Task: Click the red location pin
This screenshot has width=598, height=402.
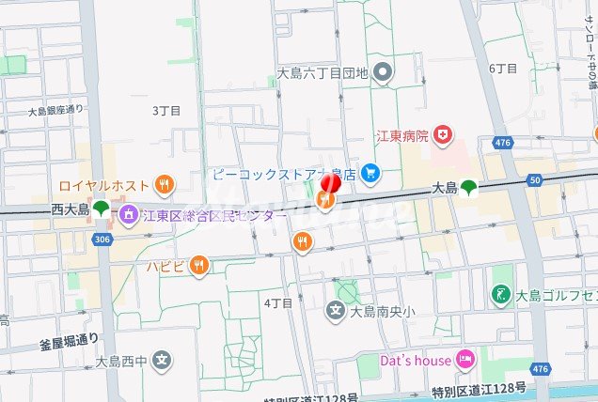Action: pos(330,182)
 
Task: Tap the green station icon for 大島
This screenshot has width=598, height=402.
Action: pos(468,189)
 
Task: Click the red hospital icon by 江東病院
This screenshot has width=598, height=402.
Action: pos(443,136)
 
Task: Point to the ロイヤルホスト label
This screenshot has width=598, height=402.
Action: pos(104,184)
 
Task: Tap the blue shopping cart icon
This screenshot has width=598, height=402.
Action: pos(371,173)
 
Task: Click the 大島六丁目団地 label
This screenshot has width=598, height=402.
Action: pos(323,72)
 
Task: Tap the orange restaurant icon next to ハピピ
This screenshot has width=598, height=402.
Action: pos(197,266)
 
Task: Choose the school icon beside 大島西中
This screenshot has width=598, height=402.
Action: pos(163,360)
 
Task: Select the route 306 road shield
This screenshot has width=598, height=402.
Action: pos(101,240)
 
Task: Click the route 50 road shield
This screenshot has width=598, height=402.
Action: pos(536,179)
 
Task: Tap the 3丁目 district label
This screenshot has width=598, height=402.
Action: pos(166,110)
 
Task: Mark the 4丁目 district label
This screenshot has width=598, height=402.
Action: pos(278,302)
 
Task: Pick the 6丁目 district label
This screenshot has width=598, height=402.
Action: pos(504,69)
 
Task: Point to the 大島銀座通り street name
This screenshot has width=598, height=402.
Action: pos(55,110)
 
